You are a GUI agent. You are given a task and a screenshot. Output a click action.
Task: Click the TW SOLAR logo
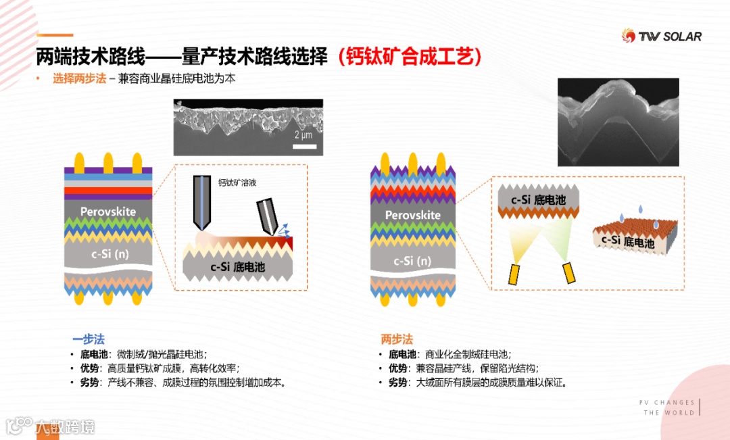click(662, 36)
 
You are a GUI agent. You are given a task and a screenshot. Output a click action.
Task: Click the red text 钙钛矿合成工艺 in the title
click(410, 57)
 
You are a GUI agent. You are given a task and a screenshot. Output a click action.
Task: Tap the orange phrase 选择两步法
click(79, 78)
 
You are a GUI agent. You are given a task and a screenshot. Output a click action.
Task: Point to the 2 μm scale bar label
click(303, 135)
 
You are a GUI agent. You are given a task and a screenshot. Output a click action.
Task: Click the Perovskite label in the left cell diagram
click(108, 212)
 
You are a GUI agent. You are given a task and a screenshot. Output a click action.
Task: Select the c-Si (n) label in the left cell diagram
click(110, 253)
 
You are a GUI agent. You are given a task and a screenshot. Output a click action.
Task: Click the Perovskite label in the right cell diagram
click(412, 215)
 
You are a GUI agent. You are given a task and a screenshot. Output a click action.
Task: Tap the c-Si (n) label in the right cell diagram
click(412, 261)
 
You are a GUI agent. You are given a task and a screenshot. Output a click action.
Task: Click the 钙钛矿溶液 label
click(237, 182)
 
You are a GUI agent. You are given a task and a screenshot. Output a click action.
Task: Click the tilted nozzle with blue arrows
click(267, 216)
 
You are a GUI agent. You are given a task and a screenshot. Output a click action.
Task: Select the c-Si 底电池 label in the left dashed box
click(237, 267)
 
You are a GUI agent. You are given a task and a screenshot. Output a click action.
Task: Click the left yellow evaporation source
click(513, 274)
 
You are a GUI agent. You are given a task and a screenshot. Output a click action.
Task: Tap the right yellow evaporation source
click(569, 273)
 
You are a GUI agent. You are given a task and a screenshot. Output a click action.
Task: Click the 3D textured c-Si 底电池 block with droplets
click(635, 237)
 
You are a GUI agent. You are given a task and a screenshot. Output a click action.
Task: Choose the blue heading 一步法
click(89, 339)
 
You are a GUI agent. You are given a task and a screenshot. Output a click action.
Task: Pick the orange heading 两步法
click(397, 339)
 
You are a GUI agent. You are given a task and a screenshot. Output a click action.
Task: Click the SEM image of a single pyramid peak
click(618, 122)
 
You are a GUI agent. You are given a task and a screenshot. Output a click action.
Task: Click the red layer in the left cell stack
click(108, 191)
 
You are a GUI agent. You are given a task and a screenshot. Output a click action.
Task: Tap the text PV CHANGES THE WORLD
click(667, 408)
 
